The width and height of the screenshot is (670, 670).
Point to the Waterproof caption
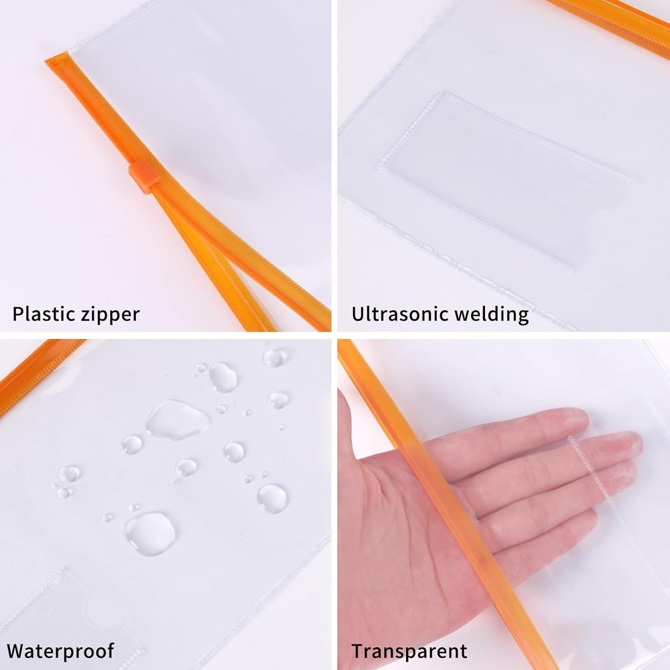(60, 650)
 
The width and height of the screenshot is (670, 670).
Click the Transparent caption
(409, 650)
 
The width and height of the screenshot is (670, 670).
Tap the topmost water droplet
(274, 357)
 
